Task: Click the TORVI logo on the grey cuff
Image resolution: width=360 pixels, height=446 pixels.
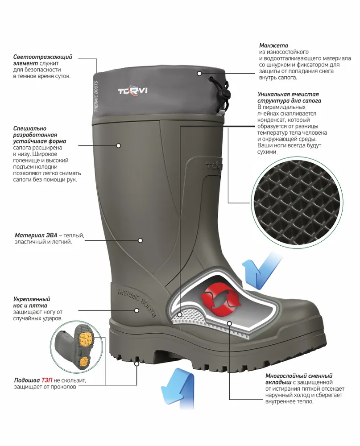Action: click(x=132, y=91)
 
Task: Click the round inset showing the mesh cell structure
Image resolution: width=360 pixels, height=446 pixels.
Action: click(x=297, y=202)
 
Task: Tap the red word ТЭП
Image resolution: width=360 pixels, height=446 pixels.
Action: click(x=47, y=380)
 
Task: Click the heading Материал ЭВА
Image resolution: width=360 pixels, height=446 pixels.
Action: click(x=36, y=235)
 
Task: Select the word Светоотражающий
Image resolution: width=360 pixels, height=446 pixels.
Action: click(x=43, y=57)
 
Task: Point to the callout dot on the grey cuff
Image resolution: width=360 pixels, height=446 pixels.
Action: click(x=199, y=74)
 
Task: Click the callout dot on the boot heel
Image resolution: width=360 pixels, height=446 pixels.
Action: click(x=137, y=310)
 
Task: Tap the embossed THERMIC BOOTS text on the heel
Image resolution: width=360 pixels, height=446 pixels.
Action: click(x=137, y=302)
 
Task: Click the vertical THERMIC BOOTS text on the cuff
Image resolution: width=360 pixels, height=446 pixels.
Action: click(x=96, y=96)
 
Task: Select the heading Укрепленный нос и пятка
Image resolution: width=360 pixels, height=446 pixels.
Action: click(x=32, y=302)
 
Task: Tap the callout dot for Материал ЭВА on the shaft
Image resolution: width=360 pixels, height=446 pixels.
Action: click(x=140, y=240)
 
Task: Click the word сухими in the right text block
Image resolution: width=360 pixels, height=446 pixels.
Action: click(x=267, y=152)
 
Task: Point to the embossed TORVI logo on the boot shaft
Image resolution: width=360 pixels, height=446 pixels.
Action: click(x=215, y=166)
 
